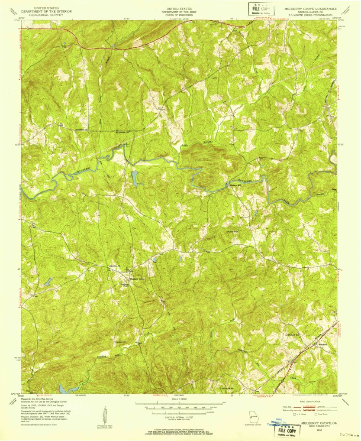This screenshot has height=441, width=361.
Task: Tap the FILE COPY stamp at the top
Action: click(x=261, y=9)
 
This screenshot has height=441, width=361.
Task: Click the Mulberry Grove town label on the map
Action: click(x=138, y=279)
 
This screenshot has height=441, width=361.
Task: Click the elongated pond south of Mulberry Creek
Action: click(x=134, y=178)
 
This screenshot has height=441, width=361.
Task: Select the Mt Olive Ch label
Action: click(x=113, y=266)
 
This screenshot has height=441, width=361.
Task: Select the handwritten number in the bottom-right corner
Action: click(x=347, y=435)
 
